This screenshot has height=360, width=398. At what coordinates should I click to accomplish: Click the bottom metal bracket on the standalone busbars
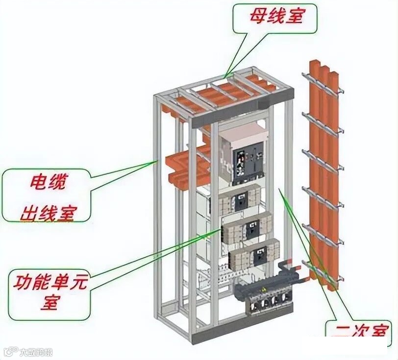point(323,274)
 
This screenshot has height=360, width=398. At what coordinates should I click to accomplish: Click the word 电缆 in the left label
point(47,184)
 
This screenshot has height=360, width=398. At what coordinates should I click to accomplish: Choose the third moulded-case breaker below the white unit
point(254,255)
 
